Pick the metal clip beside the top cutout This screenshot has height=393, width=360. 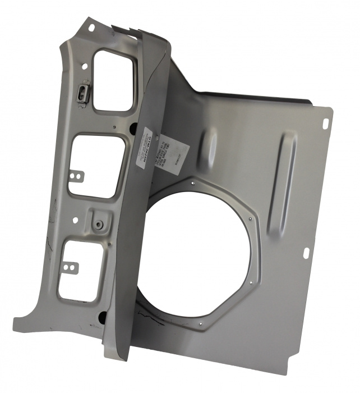click(x=82, y=94)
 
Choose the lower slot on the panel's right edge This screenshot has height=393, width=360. click(x=307, y=252)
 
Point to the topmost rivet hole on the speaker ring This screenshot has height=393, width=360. click(x=192, y=182)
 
